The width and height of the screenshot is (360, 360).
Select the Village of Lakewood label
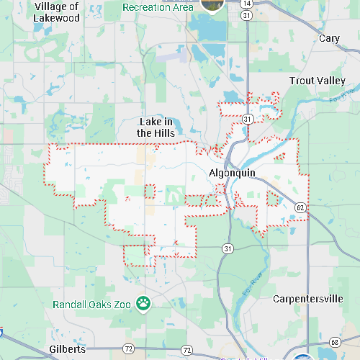[x=55, y=12]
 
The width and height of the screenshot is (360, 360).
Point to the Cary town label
[x=329, y=38]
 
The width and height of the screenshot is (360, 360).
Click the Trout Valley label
[x=318, y=81]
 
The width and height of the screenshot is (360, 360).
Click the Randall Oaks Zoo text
[x=91, y=304]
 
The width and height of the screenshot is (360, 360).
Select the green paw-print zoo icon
[x=143, y=303]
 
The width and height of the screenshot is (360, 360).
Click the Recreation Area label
[x=158, y=7]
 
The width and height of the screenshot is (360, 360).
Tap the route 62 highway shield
[x=300, y=208]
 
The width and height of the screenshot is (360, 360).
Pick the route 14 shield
[x=247, y=4]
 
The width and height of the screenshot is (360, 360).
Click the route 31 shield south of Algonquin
[x=228, y=248]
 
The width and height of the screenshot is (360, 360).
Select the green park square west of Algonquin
[x=173, y=194]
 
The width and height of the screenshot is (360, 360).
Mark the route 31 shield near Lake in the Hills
[x=247, y=118]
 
